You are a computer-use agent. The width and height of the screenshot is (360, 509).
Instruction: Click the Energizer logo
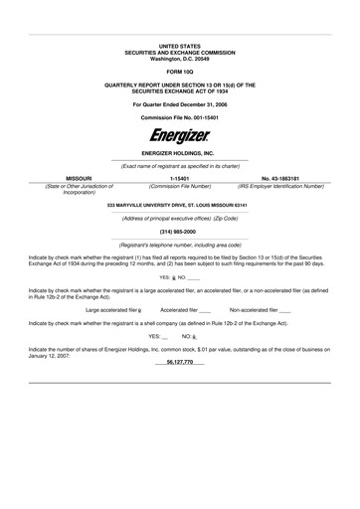click(179, 134)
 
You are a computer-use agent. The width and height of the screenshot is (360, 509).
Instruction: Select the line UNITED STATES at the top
click(179, 46)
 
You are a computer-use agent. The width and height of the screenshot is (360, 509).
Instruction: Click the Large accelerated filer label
click(110, 310)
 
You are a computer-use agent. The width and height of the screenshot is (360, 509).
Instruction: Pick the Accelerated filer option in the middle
click(180, 310)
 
